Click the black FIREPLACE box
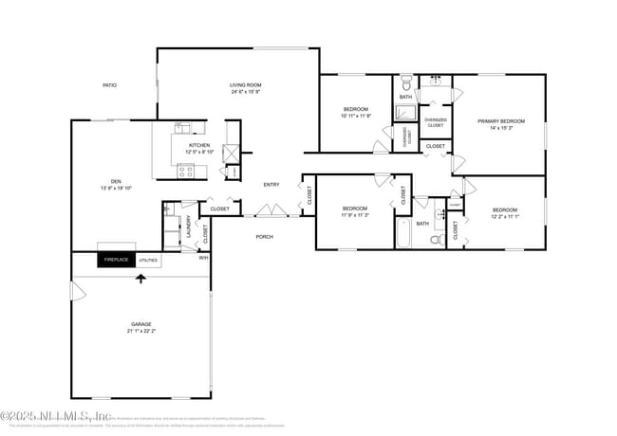tap(117, 260)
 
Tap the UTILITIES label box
tap(149, 260)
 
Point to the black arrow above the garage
tap(142, 279)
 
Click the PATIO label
tap(109, 85)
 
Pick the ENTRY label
tap(271, 185)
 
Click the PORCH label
tap(265, 237)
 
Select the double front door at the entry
tap(271, 209)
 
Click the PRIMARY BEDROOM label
tap(500, 121)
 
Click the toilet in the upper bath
tap(405, 82)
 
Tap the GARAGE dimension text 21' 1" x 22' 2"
tap(141, 330)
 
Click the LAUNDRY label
tap(189, 228)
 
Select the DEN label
tap(115, 182)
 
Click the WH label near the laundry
tap(203, 257)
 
